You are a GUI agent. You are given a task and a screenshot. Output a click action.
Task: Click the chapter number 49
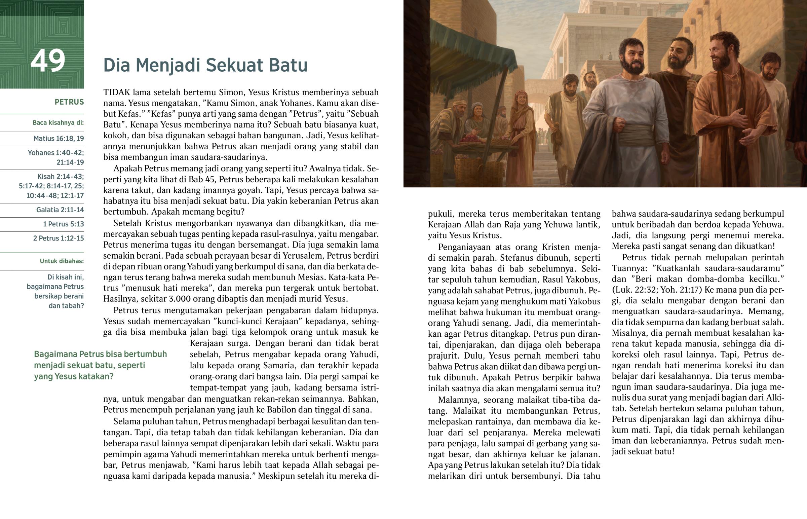click(47, 61)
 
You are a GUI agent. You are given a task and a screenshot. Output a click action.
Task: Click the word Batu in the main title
click(289, 65)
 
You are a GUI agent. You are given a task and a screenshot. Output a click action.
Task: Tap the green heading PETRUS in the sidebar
click(69, 102)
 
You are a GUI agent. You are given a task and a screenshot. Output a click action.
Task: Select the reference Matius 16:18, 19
click(59, 139)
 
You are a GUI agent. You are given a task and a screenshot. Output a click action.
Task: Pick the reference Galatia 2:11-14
click(60, 210)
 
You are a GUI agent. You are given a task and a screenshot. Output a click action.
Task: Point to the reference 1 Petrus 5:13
click(63, 224)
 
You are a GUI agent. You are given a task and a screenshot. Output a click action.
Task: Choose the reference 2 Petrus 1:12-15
click(58, 238)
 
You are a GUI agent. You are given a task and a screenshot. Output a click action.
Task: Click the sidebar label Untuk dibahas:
click(62, 261)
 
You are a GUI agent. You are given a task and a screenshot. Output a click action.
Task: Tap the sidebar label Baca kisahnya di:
click(58, 123)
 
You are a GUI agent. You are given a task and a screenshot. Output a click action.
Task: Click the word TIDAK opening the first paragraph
click(117, 92)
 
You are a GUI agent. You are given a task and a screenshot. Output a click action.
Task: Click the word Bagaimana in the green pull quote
click(55, 354)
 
